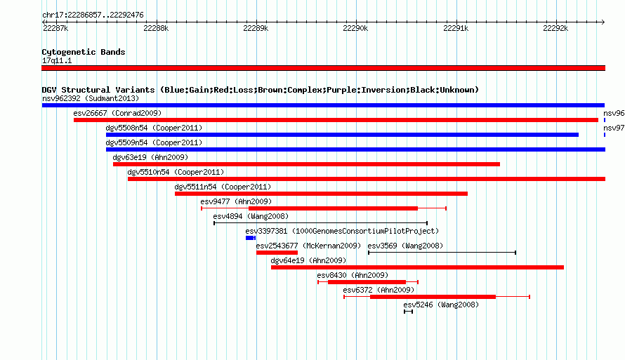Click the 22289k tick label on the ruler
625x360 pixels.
click(256, 28)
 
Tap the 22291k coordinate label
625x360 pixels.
click(456, 28)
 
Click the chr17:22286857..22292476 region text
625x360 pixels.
click(93, 15)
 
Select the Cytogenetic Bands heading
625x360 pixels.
click(84, 52)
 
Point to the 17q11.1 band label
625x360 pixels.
click(57, 60)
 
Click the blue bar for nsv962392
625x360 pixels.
click(323, 105)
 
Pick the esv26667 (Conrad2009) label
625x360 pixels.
click(117, 113)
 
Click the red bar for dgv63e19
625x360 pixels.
click(306, 164)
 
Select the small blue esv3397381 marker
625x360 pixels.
click(251, 238)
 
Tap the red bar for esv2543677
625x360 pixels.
click(277, 253)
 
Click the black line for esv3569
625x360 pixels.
click(442, 253)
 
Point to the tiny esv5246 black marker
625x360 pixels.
click(408, 312)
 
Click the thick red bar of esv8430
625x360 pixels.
click(367, 282)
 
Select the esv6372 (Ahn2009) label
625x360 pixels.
click(379, 290)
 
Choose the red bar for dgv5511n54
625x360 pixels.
click(321, 194)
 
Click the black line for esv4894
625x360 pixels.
click(320, 223)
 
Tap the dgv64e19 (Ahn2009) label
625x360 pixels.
click(308, 260)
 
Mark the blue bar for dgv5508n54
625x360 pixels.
click(342, 135)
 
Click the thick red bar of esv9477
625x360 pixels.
click(334, 208)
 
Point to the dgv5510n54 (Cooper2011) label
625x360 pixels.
click(176, 172)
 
